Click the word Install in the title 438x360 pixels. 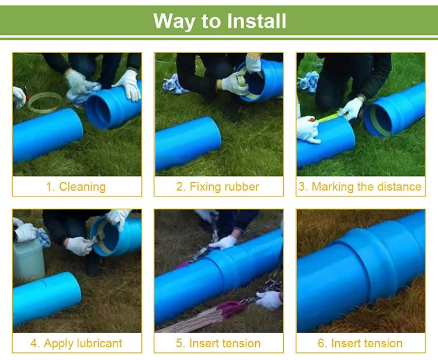pos(252,21)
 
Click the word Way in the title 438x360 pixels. pos(173,21)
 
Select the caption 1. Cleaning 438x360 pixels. pos(77,187)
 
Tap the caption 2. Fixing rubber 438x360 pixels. pos(218,187)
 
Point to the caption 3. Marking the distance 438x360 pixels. pos(360,187)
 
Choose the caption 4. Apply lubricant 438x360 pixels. pos(77,343)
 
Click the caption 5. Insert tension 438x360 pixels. pos(218,343)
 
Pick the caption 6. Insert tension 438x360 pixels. pos(360,343)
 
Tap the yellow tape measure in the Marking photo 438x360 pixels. pos(330,117)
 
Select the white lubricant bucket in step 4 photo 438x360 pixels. pos(29,258)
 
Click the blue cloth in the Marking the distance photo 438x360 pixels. pos(308,82)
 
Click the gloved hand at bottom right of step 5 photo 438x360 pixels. pos(269,300)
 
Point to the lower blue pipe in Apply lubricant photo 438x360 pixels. pos(47,298)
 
